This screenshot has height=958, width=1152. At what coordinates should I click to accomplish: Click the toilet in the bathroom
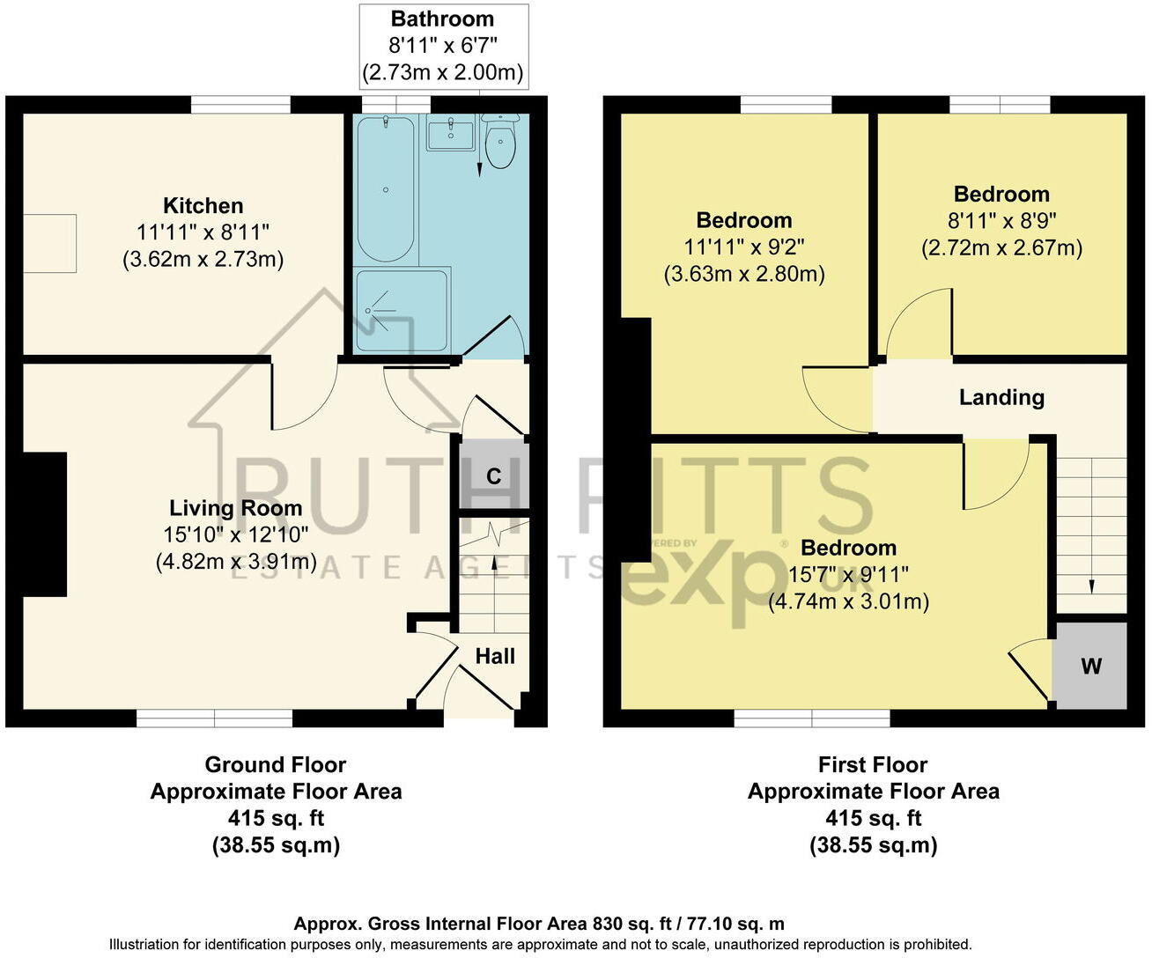(500, 144)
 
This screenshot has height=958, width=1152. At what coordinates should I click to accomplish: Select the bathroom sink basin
(450, 136)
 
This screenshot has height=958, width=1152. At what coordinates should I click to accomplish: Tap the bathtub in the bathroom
(386, 188)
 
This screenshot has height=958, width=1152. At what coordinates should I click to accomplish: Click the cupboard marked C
(493, 475)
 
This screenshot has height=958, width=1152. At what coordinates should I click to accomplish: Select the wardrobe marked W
(1090, 666)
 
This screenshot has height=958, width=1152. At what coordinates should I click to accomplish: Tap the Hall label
(495, 656)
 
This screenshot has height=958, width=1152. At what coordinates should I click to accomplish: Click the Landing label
(1001, 398)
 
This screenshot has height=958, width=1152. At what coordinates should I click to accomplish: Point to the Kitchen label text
(203, 206)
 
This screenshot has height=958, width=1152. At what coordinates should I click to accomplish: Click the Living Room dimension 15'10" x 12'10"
(235, 534)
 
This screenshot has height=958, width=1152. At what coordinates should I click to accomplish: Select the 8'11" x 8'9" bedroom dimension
(1001, 221)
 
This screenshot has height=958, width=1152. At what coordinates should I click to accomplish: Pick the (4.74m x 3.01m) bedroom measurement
(848, 602)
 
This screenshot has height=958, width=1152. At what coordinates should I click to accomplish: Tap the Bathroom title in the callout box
(442, 18)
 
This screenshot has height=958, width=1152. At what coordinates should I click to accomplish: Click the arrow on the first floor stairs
(1092, 585)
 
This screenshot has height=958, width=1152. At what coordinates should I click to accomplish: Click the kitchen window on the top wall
(240, 105)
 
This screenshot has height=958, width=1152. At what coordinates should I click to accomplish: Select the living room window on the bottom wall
(214, 718)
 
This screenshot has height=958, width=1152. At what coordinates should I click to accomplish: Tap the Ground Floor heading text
(276, 765)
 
